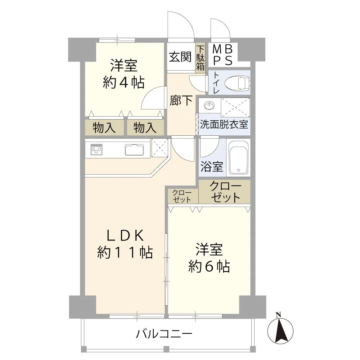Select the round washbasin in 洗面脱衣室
(209, 106)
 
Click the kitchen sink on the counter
(134, 149)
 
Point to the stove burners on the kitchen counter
(96, 149)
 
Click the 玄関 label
(180, 57)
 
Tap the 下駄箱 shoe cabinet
(200, 57)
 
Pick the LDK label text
(125, 236)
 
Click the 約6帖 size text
(209, 267)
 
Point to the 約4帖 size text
(123, 82)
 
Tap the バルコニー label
(164, 334)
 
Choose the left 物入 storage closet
(104, 127)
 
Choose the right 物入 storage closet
(145, 127)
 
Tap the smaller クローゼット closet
(182, 196)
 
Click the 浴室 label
(212, 167)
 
